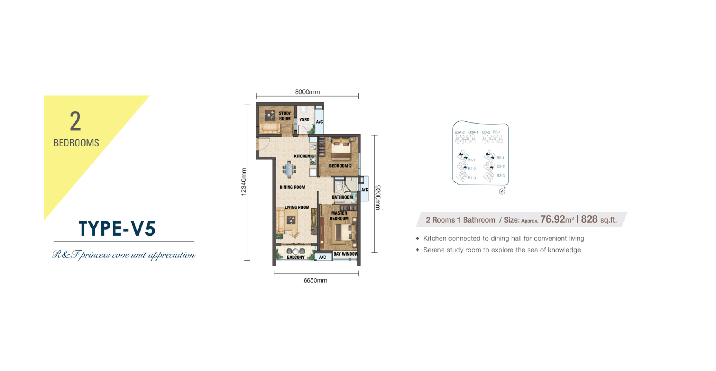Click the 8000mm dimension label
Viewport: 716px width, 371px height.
307,92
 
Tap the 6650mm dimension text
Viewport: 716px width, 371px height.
315,280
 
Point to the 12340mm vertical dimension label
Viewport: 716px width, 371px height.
244,182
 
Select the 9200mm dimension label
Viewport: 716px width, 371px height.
378,197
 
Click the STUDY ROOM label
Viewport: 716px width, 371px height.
285,116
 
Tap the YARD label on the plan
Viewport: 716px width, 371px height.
304,120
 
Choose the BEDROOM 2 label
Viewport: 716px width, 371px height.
340,166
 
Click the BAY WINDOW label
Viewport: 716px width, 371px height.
346,254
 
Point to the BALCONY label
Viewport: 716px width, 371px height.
296,257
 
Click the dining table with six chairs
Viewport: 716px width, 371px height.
289,170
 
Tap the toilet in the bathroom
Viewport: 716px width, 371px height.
339,185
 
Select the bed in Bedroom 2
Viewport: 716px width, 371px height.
341,149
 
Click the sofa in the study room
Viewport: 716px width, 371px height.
270,128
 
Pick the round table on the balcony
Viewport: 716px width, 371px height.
296,251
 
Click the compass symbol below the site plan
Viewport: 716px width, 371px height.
502,191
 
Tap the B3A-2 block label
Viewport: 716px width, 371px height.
459,132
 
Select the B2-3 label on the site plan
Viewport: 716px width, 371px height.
501,176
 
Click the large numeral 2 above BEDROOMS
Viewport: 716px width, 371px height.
75,121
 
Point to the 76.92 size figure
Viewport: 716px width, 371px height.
553,219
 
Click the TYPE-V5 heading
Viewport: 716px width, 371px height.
117,229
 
